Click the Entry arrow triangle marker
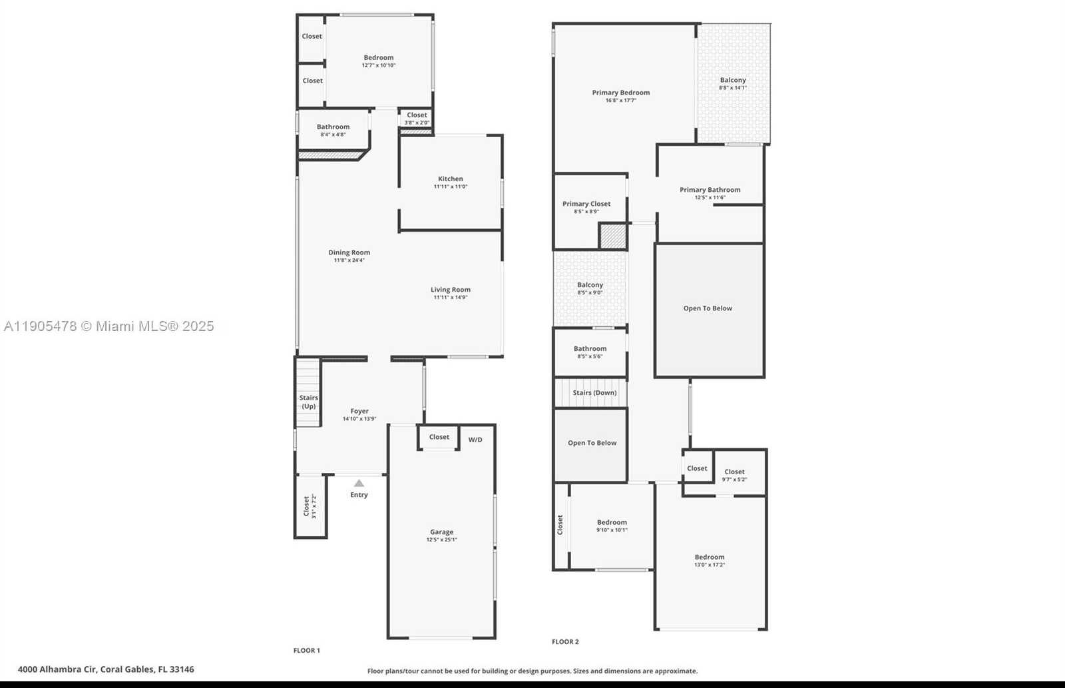[359, 484]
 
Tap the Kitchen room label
[451, 178]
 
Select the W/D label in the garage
[475, 440]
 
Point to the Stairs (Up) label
[308, 402]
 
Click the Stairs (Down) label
[594, 393]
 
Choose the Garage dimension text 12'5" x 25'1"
[441, 539]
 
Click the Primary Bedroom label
[621, 93]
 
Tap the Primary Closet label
[586, 204]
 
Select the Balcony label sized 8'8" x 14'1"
[733, 80]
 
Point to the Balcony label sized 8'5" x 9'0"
[590, 285]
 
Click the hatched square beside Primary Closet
[613, 236]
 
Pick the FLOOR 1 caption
[307, 651]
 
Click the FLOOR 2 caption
[565, 642]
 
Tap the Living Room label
[451, 290]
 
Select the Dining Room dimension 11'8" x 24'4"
[349, 260]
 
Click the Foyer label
[359, 411]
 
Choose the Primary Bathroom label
[710, 190]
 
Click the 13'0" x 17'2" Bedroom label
[710, 557]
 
